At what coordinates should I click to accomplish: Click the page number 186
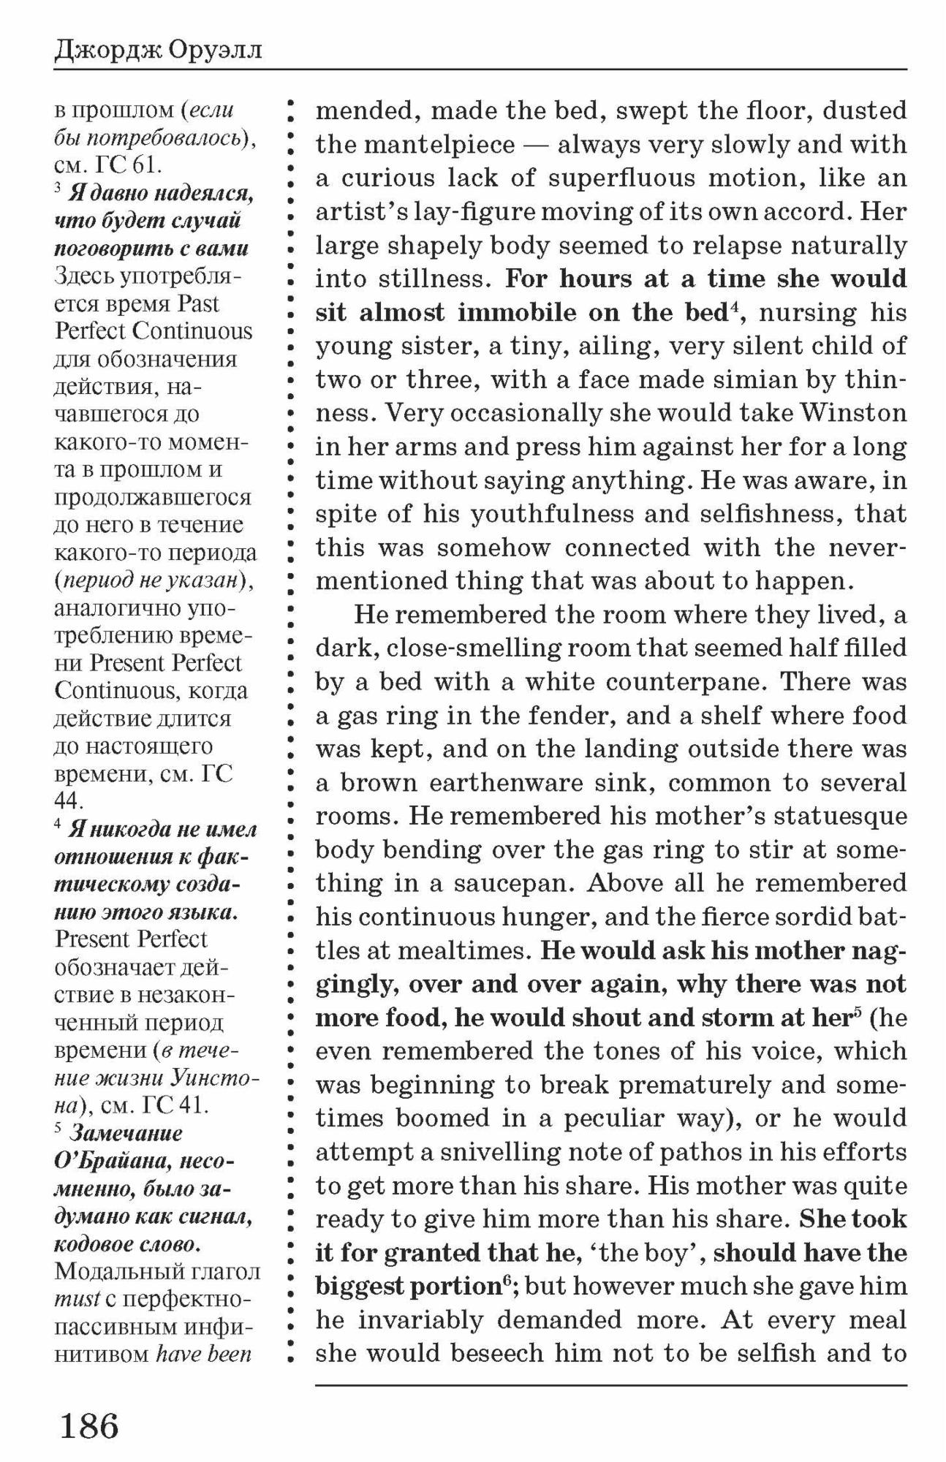tap(89, 1425)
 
